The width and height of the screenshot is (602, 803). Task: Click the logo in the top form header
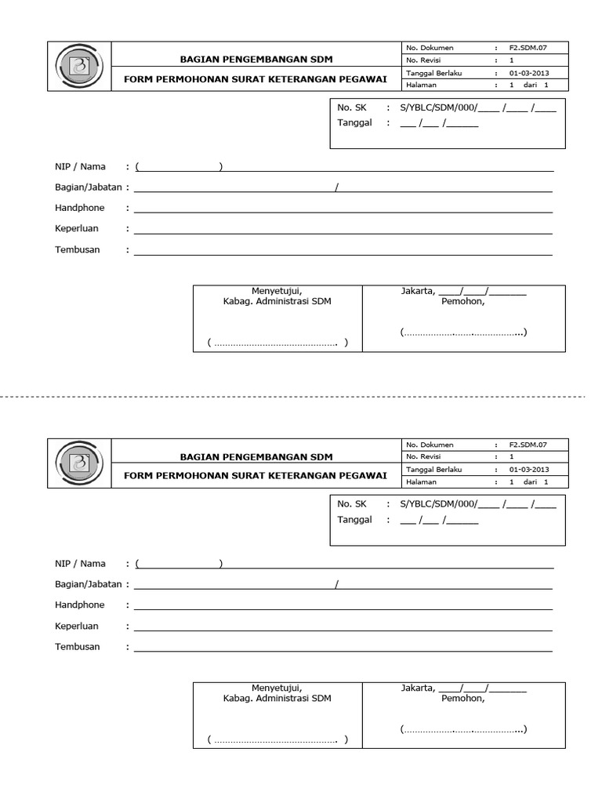click(x=78, y=66)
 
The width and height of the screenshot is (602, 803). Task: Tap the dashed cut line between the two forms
click(x=301, y=398)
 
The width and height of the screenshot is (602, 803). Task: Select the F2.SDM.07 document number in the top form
click(x=527, y=48)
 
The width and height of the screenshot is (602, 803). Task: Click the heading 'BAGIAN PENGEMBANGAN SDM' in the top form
click(x=256, y=60)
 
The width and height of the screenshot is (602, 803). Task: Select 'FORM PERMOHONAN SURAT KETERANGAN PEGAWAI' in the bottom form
click(x=256, y=475)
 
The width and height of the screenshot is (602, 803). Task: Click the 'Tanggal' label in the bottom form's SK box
click(x=354, y=520)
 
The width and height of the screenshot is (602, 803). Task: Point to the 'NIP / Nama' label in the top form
click(x=80, y=167)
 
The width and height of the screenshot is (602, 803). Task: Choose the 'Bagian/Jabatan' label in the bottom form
click(x=89, y=584)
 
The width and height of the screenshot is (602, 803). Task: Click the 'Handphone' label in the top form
click(x=80, y=208)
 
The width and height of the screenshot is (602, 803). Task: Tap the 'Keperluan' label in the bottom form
click(x=77, y=627)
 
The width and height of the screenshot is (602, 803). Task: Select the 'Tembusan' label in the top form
click(x=78, y=249)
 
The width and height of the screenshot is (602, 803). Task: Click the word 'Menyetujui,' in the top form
click(x=277, y=292)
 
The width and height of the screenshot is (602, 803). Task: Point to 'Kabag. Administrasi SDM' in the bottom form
click(x=277, y=699)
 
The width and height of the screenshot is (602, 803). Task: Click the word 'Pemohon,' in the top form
click(x=463, y=301)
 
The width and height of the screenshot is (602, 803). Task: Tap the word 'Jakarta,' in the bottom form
click(x=418, y=689)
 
